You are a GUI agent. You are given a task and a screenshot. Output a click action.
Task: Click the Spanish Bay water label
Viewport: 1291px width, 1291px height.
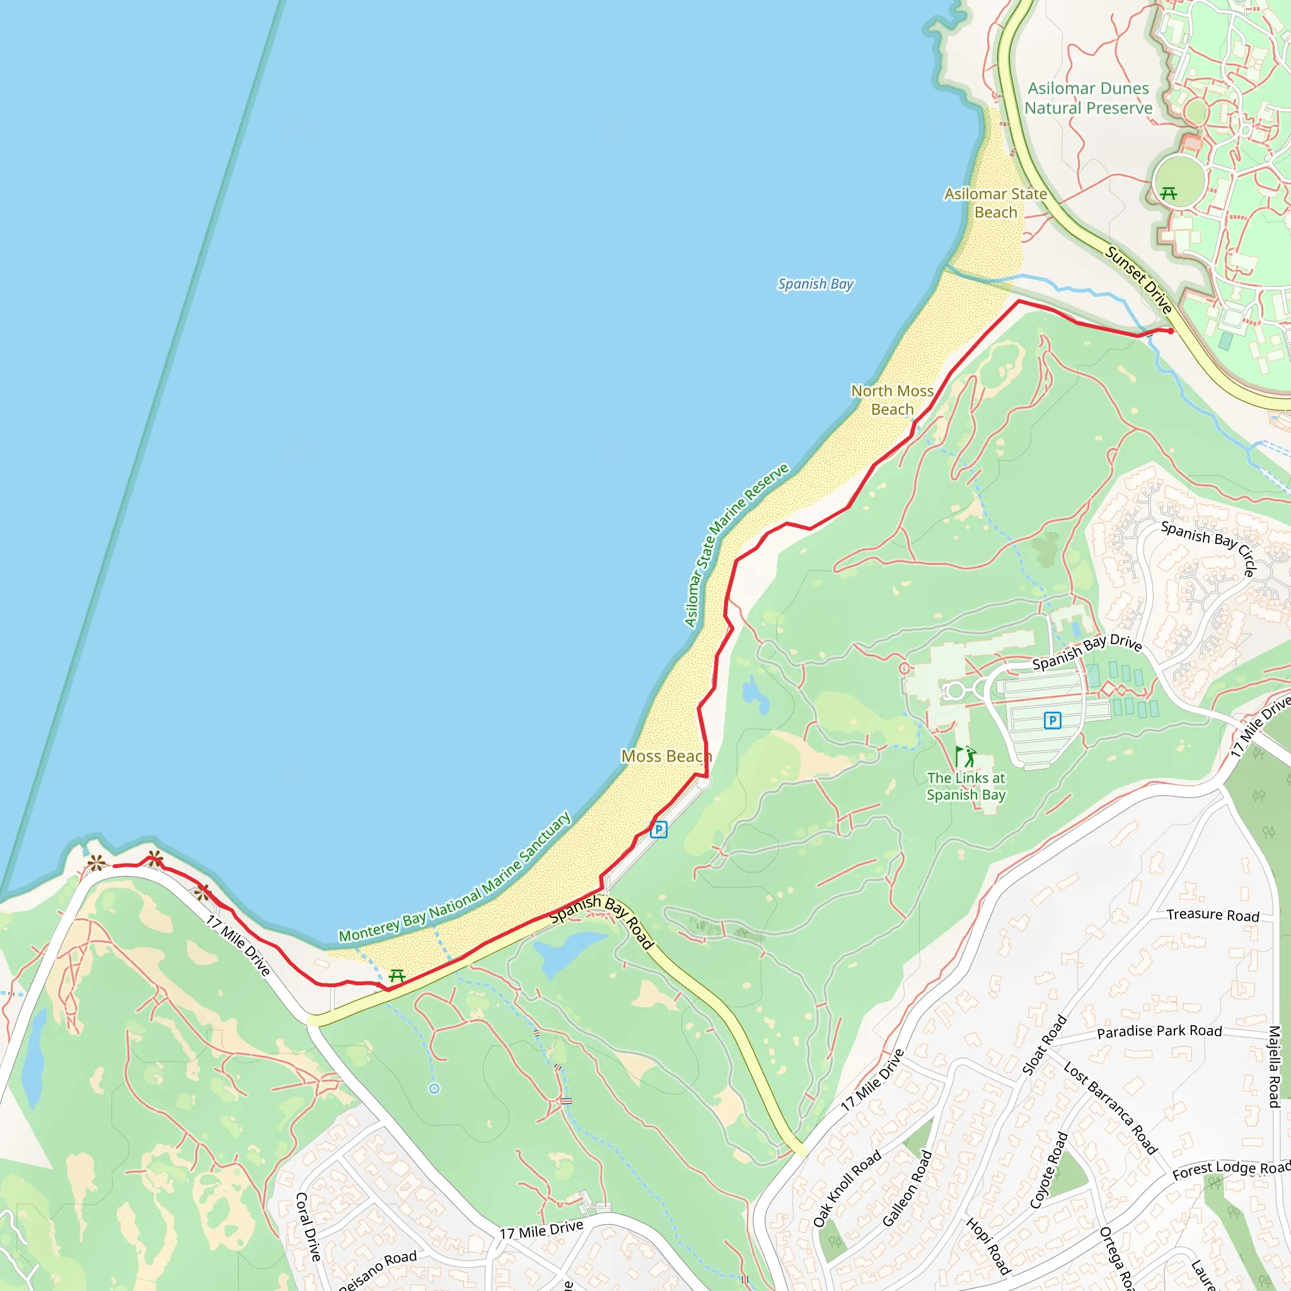tap(815, 284)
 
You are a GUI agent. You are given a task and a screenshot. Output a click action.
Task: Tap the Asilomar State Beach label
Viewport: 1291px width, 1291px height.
tap(995, 203)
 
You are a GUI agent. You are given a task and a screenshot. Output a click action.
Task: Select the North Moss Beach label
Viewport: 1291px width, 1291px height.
tap(892, 400)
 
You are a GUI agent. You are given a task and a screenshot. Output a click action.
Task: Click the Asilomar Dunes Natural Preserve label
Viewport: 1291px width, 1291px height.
tap(1088, 98)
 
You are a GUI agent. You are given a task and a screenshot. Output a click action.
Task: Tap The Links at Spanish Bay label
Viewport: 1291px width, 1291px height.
tap(966, 787)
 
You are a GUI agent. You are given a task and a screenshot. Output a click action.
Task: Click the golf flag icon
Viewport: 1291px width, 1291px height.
tap(964, 757)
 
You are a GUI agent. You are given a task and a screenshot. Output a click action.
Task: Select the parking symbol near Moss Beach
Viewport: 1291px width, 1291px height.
tap(658, 830)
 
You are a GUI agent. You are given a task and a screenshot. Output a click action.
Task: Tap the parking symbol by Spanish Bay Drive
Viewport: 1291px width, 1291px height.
tap(1053, 721)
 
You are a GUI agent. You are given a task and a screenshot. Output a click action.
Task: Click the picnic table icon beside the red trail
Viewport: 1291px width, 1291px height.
tap(397, 976)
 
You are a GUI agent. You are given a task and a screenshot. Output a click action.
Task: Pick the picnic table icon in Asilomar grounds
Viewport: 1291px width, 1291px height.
tap(1169, 194)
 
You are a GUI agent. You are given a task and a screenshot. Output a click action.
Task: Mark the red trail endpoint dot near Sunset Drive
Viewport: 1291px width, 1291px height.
tap(1170, 332)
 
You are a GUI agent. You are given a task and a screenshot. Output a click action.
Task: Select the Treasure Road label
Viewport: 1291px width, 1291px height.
tap(1213, 915)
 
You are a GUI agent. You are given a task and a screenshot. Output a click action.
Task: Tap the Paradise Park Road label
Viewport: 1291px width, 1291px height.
tap(1159, 1032)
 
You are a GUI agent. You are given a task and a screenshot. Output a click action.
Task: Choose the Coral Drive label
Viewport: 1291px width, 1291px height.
tap(308, 1227)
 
